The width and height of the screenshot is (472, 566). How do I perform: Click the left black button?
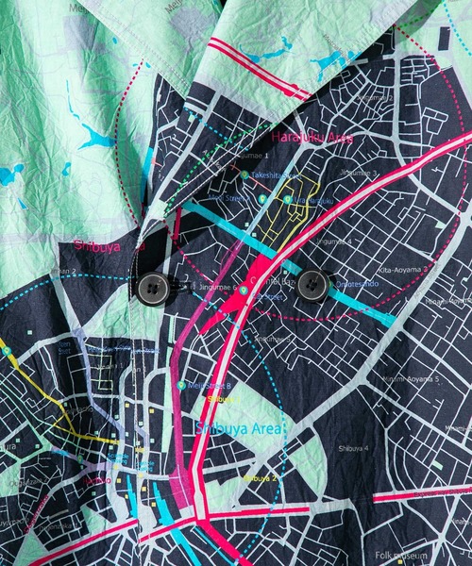point(152,287)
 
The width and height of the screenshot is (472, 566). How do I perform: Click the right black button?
point(312,285)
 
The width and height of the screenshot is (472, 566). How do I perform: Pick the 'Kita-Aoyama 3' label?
point(401,269)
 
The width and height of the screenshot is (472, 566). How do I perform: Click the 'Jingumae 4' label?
point(335,241)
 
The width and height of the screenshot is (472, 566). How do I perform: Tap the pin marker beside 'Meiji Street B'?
point(181,385)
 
